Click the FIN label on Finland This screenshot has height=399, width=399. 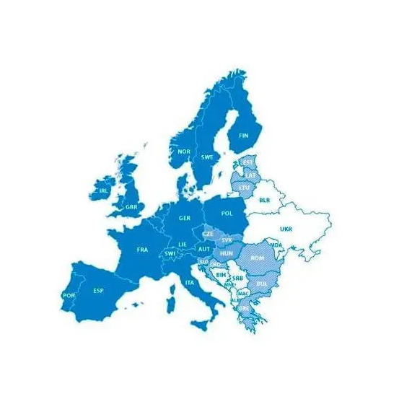coord(243,135)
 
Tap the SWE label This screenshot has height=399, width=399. coord(207,157)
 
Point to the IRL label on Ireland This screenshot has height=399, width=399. coord(103,191)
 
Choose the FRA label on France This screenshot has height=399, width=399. coord(142,250)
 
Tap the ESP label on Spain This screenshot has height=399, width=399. coord(98,291)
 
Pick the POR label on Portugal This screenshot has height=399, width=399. coord(69,295)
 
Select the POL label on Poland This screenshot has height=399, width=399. coord(227,213)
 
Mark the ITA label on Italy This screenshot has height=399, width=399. coord(190,282)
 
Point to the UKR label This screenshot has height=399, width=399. coord(286,229)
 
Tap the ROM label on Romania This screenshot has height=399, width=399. coord(257,258)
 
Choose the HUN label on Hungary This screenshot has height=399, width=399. coord(226,254)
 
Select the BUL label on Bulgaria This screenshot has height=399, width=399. coord(261,284)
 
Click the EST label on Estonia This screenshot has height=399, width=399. coord(247,162)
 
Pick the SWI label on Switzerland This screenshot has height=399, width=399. coord(170,254)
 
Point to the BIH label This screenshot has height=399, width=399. coord(221,274)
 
